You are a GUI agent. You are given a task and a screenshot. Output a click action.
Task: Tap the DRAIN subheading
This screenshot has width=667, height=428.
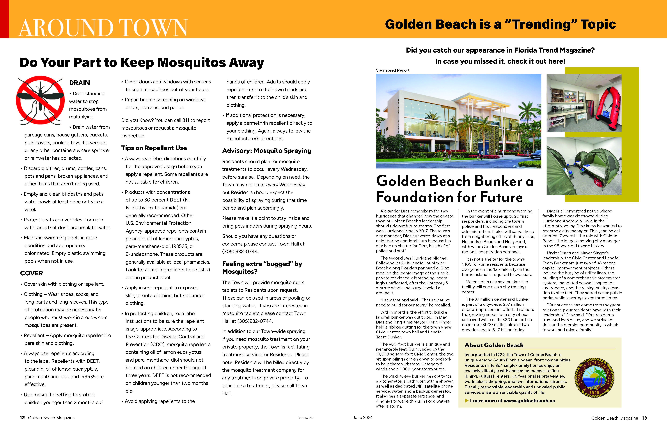coord(80,83)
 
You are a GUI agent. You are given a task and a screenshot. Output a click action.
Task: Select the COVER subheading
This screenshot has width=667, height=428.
coord(32,273)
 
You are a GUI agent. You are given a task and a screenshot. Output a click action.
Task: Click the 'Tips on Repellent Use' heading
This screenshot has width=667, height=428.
coord(154,148)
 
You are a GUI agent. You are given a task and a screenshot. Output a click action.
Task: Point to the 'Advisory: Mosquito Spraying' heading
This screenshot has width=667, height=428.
coord(266,151)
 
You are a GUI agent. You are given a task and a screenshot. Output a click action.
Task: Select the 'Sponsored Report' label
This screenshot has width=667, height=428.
coord(392,70)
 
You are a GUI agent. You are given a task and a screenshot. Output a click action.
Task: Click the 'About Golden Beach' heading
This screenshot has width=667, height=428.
coord(494,345)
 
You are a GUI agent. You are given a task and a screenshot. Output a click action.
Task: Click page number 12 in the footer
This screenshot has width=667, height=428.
coord(22,418)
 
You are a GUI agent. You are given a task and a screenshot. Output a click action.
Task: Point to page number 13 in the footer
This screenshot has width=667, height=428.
coord(644,418)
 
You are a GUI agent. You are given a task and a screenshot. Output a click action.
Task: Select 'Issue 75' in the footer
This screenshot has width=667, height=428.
coord(306,417)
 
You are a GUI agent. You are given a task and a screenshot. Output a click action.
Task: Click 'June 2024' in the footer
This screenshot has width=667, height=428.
coord(363,417)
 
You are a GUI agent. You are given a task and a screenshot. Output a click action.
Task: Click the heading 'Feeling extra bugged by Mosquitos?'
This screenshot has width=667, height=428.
coord(262,268)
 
